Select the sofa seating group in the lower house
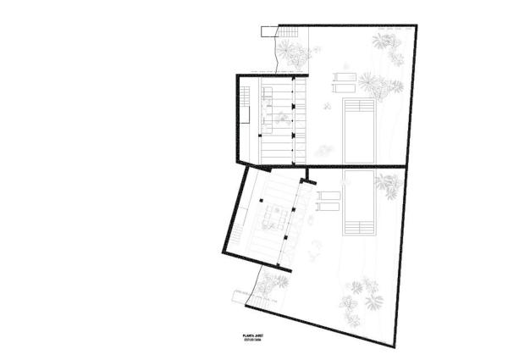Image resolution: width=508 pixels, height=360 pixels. click(x=276, y=215)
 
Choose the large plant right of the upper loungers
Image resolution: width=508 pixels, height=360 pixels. click(x=373, y=82)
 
